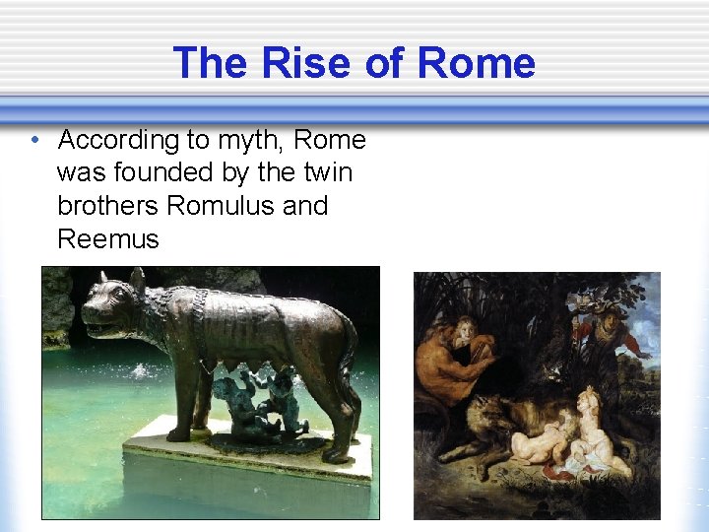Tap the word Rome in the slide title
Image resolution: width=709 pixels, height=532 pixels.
[477, 64]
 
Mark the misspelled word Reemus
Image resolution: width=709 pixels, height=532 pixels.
[108, 238]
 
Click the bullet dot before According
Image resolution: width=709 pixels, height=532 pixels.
[35, 140]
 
